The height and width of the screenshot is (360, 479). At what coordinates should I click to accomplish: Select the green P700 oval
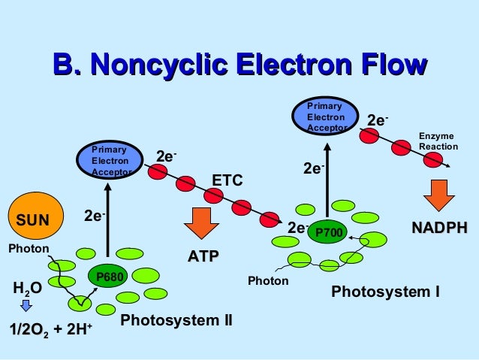328,233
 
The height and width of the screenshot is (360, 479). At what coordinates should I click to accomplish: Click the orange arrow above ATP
199,223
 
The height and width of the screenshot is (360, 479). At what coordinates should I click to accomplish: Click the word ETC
227,180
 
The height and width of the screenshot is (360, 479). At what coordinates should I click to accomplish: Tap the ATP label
203,257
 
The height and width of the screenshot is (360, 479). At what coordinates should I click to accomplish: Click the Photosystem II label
176,322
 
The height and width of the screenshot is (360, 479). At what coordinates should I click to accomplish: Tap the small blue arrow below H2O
25,306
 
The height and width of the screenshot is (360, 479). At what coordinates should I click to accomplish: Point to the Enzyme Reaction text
436,141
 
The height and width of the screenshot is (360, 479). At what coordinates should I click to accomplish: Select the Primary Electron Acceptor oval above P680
110,161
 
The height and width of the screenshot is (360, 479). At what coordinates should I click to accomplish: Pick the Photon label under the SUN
29,249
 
